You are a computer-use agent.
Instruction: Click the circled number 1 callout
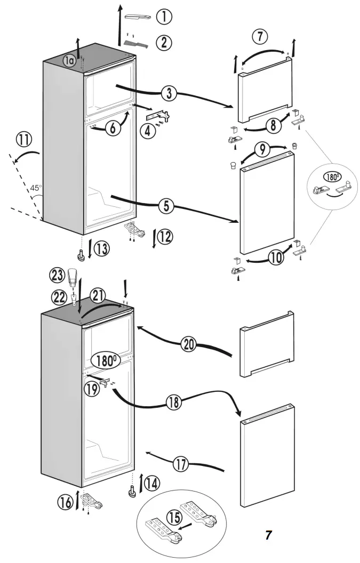[x=164, y=17]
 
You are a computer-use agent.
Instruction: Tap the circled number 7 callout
[x=259, y=37]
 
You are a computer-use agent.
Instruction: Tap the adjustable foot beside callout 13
[x=83, y=256]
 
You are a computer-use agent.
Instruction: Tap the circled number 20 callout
[x=188, y=344]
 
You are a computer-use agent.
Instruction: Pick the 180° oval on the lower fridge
[x=105, y=360]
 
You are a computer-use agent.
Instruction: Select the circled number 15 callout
[x=173, y=517]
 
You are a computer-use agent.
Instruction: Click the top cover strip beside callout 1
[x=139, y=17]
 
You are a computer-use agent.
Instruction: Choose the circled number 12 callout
[x=165, y=236]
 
